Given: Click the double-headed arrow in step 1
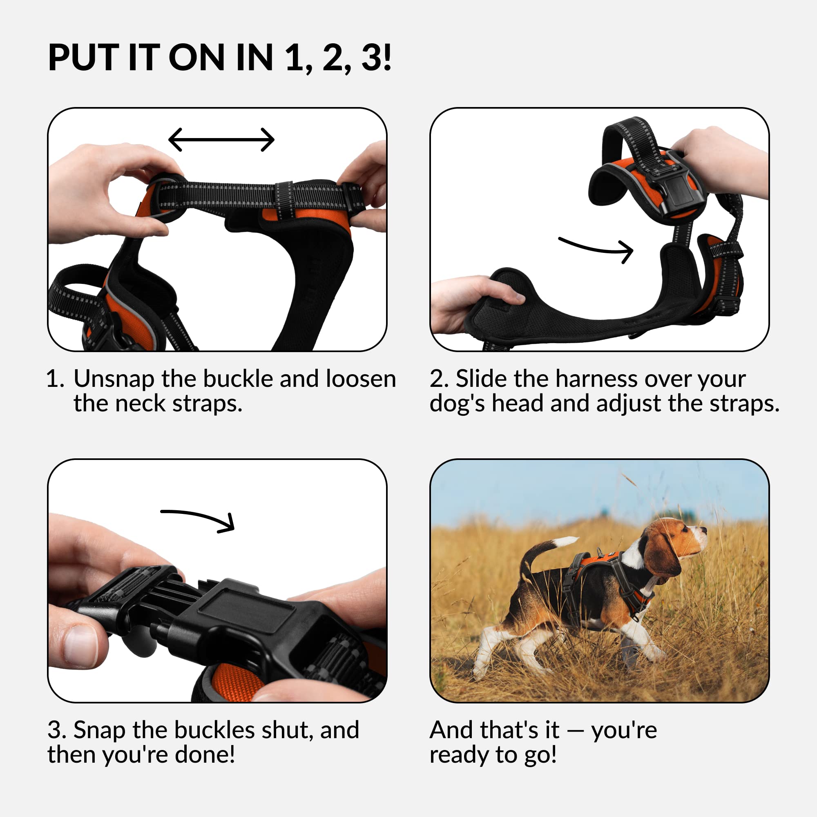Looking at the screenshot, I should (221, 140).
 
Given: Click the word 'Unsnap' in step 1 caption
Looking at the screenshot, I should (114, 379).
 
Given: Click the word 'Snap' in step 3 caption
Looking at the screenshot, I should (99, 730).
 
